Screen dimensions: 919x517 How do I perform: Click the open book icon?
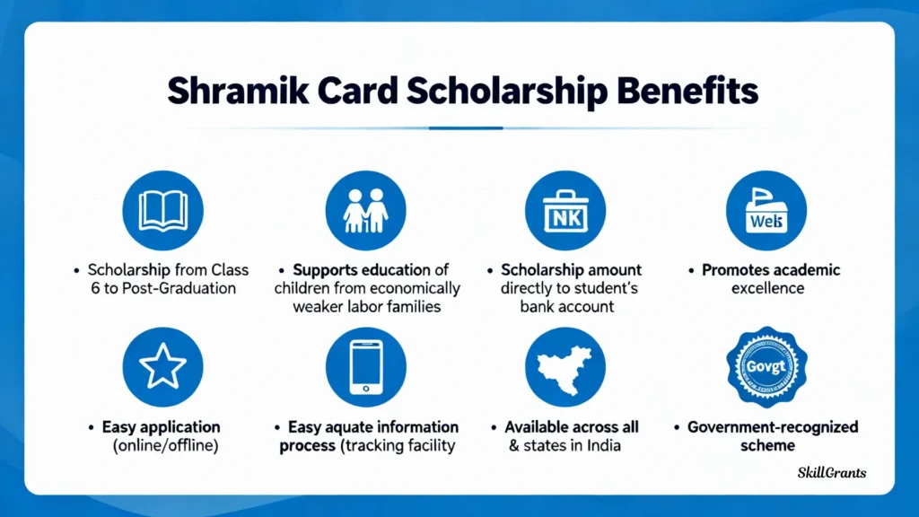coord(163,210)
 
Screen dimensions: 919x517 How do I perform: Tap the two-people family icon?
coord(366,210)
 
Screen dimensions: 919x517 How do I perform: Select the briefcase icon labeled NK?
coord(565,210)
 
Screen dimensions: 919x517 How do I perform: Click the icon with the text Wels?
coord(766,210)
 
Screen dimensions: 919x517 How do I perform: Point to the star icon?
coord(163,367)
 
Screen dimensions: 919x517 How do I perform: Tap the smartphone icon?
coord(366,367)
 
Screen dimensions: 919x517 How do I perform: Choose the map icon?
coord(565,367)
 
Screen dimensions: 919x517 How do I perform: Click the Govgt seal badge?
coord(766,367)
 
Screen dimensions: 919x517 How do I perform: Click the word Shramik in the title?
coord(238,92)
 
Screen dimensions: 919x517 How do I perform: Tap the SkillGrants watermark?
coord(832,472)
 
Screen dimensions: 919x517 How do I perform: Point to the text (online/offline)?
coord(166,445)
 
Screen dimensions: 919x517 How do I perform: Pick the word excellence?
coord(768,288)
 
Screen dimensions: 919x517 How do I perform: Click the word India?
coord(603,445)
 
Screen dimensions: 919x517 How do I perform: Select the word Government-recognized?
coord(773,427)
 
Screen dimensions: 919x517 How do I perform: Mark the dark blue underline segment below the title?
coord(466,127)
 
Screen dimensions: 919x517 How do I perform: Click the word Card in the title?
coord(357,92)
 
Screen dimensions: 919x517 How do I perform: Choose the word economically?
coord(416,289)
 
